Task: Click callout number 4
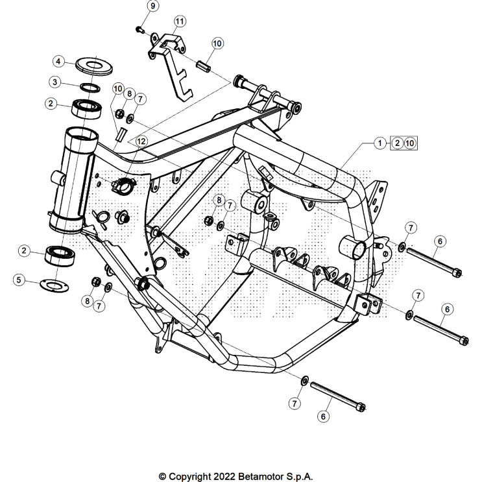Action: [58, 62]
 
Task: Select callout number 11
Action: [178, 21]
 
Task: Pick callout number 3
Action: [55, 82]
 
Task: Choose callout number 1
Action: [379, 143]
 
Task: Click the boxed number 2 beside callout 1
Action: [395, 143]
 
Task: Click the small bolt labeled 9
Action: [139, 29]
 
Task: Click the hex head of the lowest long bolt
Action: [361, 407]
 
